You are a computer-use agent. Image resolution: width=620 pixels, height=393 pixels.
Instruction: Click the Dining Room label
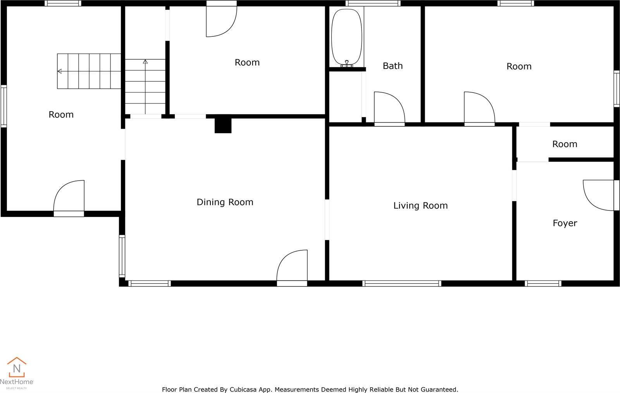click(225, 202)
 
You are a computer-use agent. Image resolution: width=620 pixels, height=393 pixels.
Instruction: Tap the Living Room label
click(420, 206)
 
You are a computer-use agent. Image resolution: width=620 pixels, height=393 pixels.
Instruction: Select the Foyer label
click(565, 223)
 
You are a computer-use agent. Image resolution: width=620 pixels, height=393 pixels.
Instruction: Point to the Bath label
click(393, 66)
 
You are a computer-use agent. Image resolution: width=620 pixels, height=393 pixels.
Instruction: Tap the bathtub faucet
click(346, 64)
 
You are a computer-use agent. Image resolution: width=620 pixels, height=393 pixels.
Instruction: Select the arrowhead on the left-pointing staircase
click(60, 71)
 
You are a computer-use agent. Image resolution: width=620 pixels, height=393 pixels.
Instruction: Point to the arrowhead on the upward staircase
click(145, 62)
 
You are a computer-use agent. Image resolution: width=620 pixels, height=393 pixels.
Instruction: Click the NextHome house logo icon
click(17, 367)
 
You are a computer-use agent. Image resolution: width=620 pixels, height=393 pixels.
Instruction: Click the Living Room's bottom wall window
click(401, 283)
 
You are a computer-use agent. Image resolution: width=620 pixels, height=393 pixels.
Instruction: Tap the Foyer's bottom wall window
click(543, 283)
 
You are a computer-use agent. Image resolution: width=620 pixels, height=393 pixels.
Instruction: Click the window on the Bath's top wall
click(373, 3)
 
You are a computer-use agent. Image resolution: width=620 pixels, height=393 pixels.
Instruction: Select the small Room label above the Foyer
click(565, 144)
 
